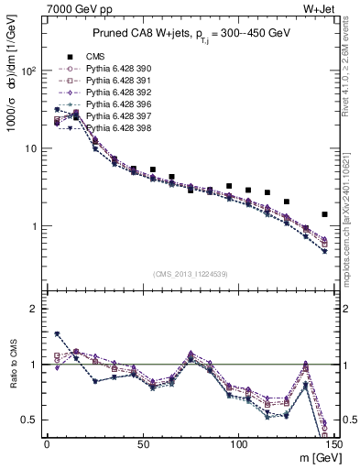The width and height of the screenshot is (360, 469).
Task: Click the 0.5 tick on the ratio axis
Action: tap(30, 420)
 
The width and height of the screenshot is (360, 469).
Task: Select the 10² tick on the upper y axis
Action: tap(29, 71)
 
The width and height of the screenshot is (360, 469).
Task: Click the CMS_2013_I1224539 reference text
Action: tap(191, 274)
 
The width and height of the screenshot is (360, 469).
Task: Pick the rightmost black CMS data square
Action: tap(324, 214)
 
